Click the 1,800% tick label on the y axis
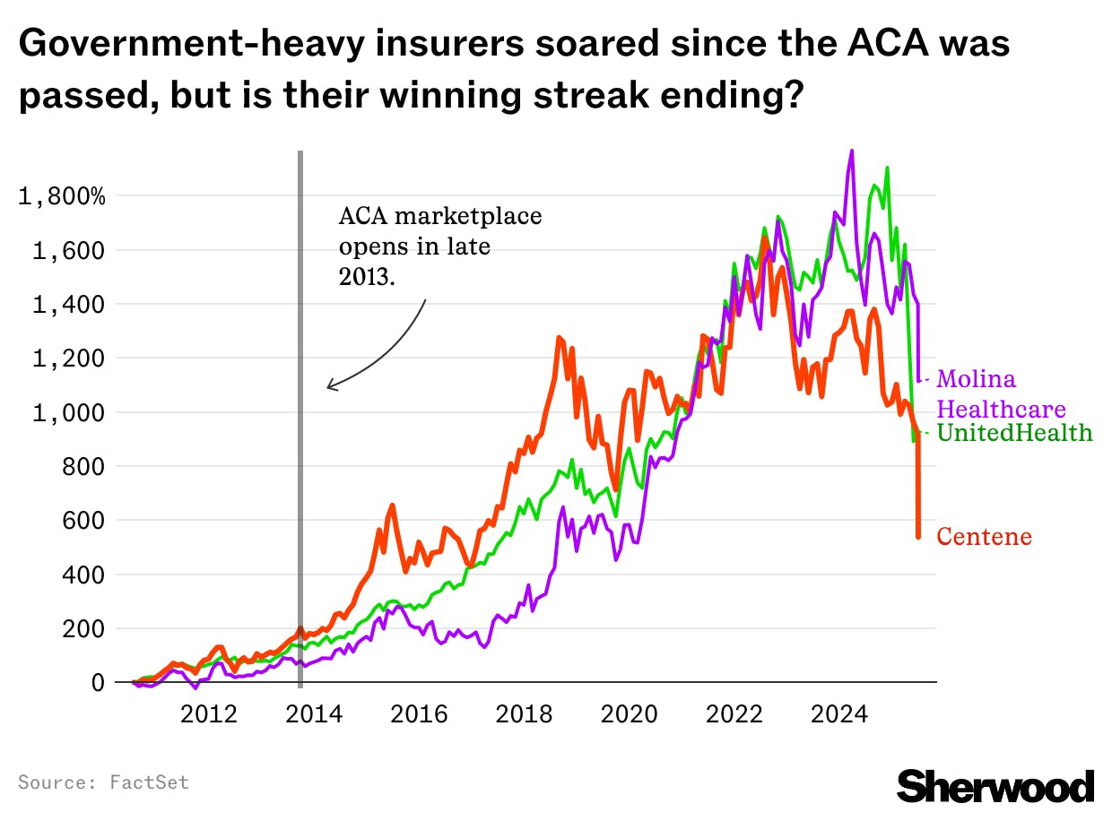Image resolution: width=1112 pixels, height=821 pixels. [x=62, y=196]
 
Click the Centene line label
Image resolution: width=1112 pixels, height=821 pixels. [x=984, y=537]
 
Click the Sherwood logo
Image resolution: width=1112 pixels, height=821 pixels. [x=995, y=785]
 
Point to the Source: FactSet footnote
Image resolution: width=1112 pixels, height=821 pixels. [x=103, y=782]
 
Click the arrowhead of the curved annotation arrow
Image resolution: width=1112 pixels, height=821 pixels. [x=329, y=387]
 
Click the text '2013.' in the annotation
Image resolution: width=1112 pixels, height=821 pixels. [x=367, y=277]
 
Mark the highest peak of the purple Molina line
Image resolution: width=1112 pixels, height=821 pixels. [x=851, y=151]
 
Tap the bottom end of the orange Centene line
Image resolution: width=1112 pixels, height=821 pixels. [x=918, y=537]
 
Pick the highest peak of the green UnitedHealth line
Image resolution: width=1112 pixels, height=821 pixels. [x=887, y=168]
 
